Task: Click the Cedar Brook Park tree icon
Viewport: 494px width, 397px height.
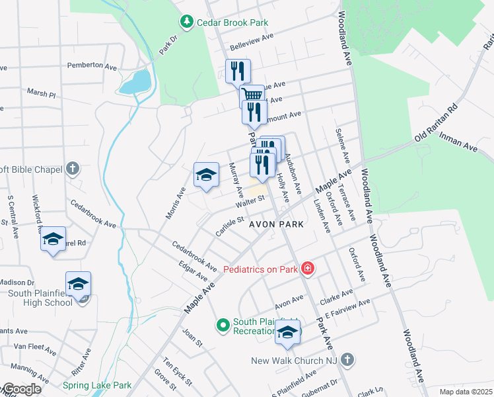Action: point(188,22)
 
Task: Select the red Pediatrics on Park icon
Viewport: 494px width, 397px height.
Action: point(307,269)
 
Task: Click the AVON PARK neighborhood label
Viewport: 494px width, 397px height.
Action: point(276,224)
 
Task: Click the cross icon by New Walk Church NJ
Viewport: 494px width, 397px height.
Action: point(347,361)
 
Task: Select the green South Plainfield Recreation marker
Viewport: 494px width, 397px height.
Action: point(223,324)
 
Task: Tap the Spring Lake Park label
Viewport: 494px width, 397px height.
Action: point(97,385)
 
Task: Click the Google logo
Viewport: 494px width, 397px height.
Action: point(22,389)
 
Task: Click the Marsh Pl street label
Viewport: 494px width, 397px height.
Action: point(41,92)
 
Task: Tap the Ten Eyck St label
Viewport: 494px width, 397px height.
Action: point(178,373)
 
